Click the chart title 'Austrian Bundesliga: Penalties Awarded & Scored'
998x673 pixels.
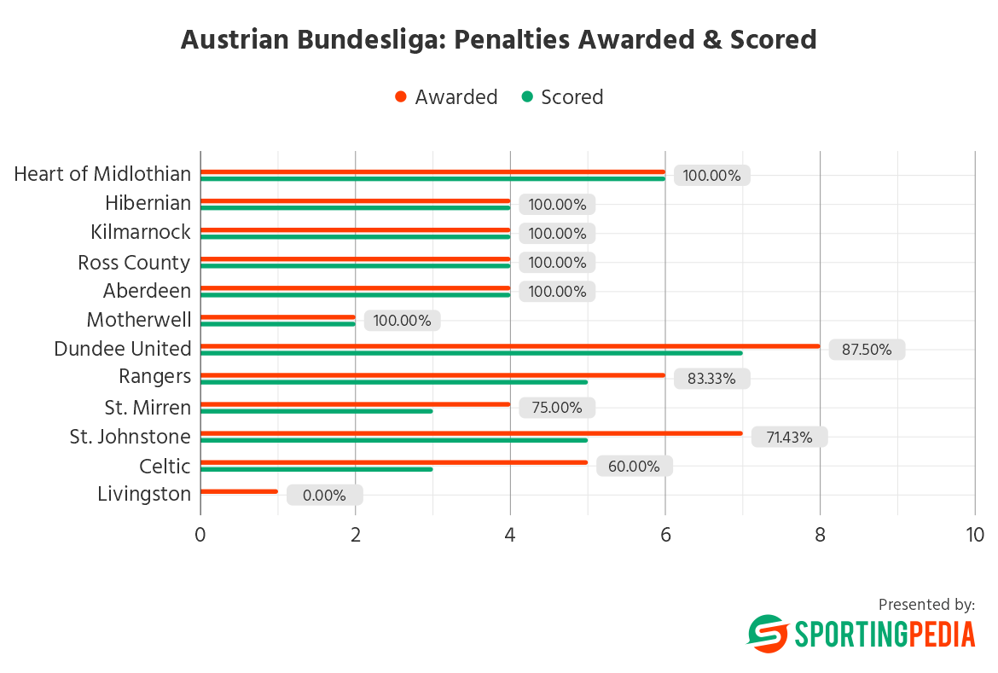[x=498, y=40]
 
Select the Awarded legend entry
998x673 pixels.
[x=447, y=97]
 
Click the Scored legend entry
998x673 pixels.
[x=563, y=97]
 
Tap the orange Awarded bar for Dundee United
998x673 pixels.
[x=510, y=346]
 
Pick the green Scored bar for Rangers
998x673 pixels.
[x=394, y=382]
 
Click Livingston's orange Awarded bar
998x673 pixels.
[x=239, y=491]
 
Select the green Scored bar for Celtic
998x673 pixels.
[x=316, y=469]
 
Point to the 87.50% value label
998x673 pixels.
[x=866, y=350]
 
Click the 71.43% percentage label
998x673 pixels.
[x=789, y=437]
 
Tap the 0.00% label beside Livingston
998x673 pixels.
[x=324, y=495]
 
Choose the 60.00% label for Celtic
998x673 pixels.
[x=634, y=466]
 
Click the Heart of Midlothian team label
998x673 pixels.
[x=102, y=174]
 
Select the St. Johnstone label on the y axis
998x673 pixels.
[x=131, y=437]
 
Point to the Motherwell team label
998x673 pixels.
[x=139, y=320]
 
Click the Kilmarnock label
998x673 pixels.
[x=141, y=232]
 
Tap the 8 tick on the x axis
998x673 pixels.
[x=820, y=535]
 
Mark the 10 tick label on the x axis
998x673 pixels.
[x=974, y=535]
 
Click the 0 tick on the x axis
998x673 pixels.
[x=200, y=535]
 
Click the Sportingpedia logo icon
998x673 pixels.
[x=768, y=634]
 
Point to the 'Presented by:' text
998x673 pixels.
[x=926, y=604]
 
